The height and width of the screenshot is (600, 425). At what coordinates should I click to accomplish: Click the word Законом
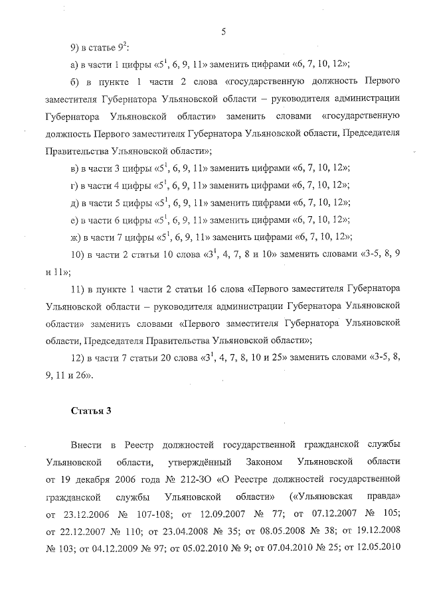[x=274, y=460]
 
